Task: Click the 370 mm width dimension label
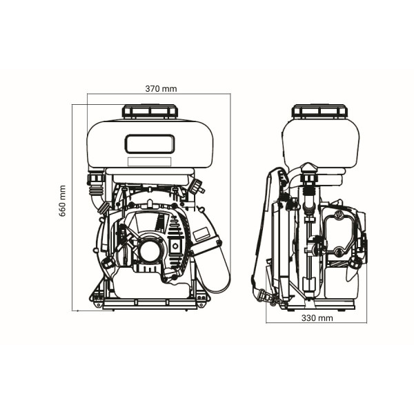(x=161, y=89)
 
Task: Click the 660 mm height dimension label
(x=62, y=201)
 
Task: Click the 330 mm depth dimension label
(x=317, y=318)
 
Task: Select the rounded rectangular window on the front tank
(x=150, y=144)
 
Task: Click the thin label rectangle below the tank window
(x=150, y=161)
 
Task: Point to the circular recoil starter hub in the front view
(x=150, y=251)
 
